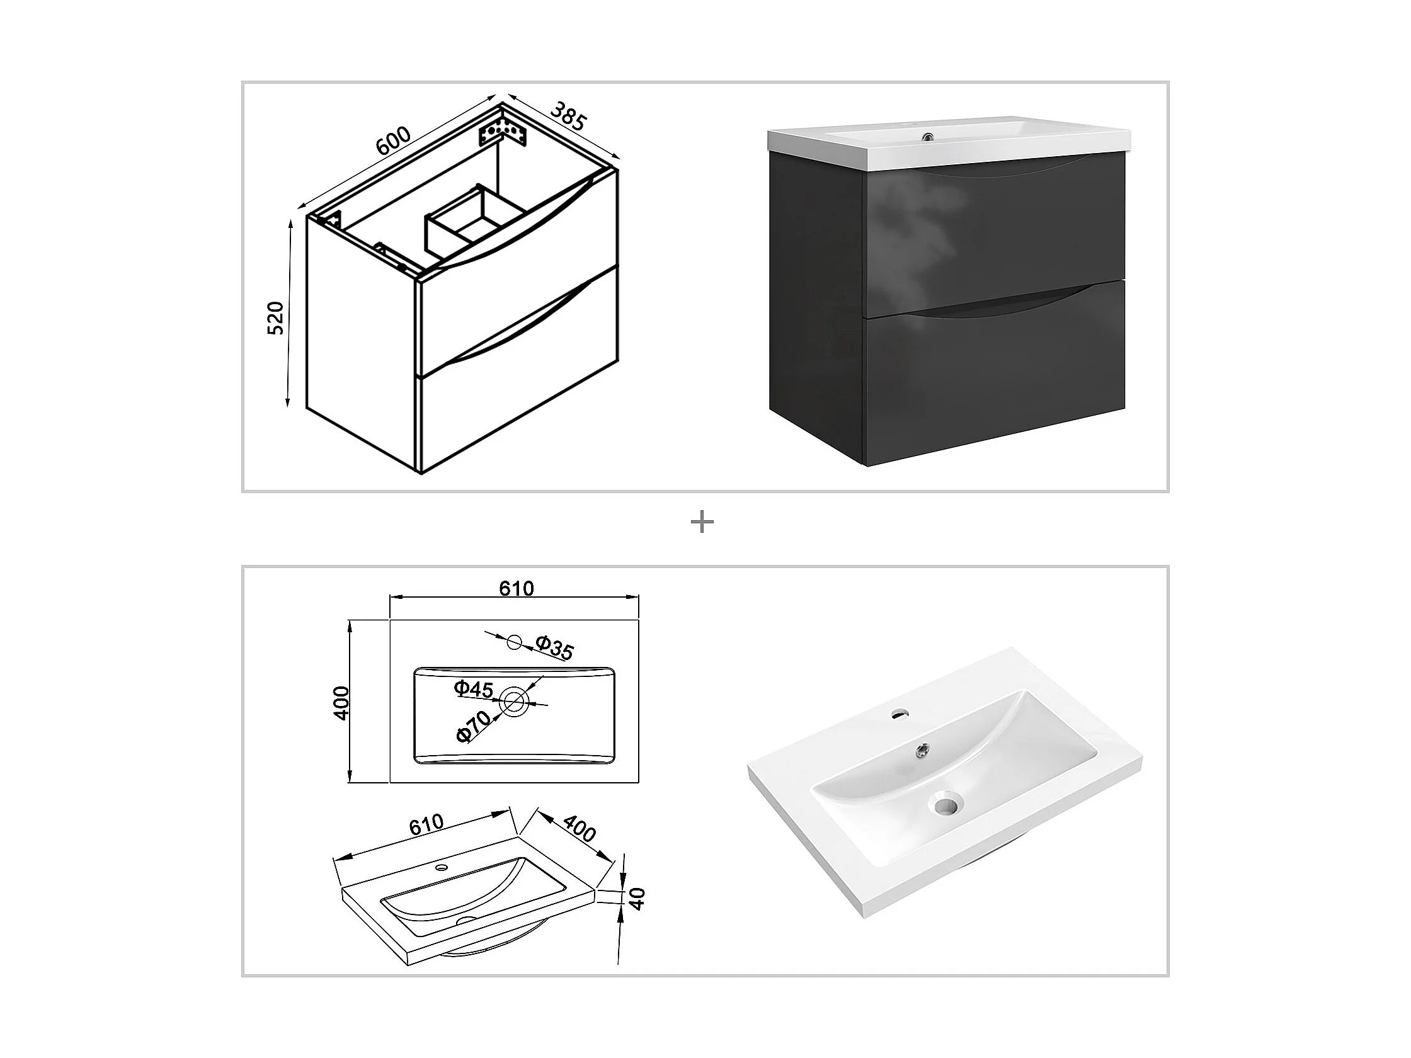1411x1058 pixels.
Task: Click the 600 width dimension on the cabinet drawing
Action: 393,141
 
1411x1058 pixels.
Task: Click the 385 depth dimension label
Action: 567,115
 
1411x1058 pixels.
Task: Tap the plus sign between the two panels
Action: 702,523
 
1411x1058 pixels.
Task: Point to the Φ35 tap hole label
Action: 554,647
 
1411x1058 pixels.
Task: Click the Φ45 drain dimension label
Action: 474,690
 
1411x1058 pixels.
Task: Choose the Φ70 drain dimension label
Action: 474,725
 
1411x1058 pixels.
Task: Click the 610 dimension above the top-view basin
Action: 516,588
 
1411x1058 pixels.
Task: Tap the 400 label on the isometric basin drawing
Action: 579,828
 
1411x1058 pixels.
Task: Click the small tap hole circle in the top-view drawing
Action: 514,642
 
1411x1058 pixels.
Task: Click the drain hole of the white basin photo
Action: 947,803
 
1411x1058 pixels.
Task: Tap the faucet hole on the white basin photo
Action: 901,714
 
